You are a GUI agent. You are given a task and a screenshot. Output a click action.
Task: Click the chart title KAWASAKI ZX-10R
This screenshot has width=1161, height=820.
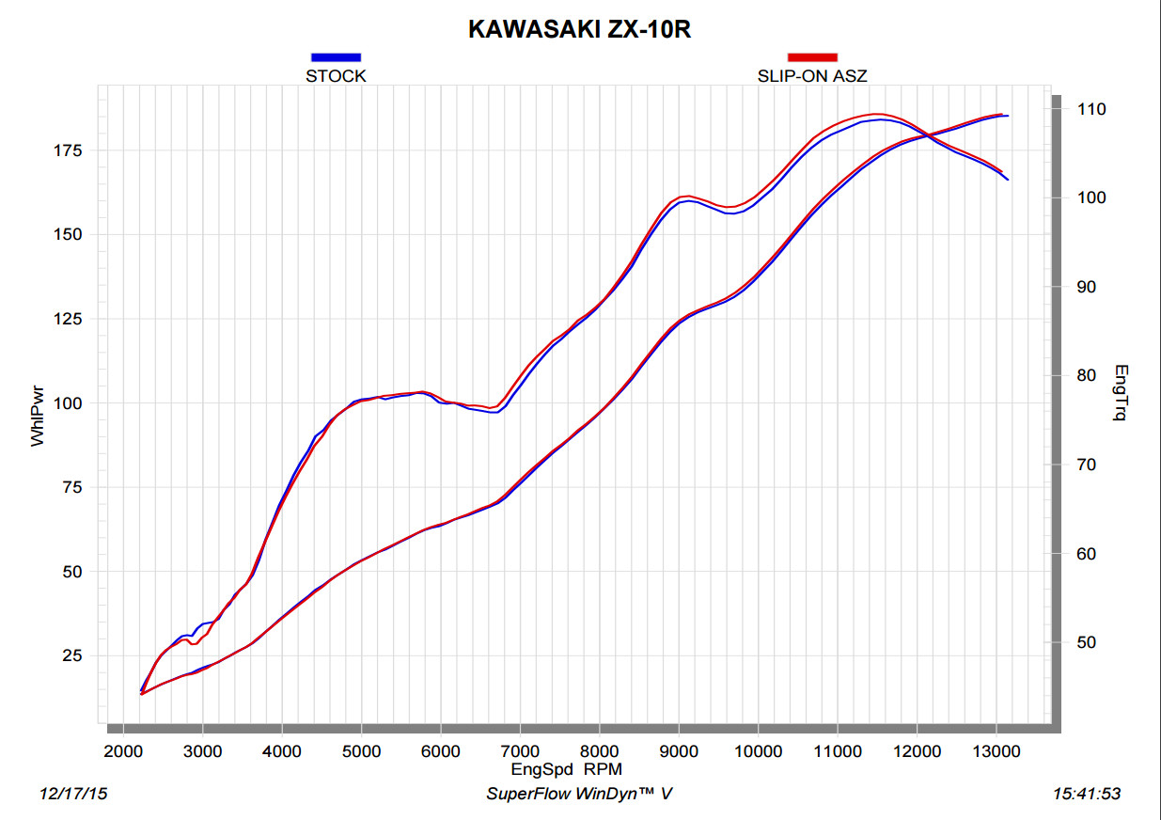[x=579, y=30]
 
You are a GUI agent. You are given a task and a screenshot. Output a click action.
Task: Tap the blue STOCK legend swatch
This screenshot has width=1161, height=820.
[x=336, y=57]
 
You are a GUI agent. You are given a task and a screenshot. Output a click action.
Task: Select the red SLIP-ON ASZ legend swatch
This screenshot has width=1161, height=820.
[x=811, y=57]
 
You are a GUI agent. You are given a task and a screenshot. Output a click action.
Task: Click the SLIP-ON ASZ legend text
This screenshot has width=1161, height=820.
[x=811, y=76]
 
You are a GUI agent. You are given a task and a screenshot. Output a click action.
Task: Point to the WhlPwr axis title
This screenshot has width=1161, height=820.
[x=38, y=418]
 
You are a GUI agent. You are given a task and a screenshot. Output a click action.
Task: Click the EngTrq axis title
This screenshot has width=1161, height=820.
[x=1119, y=392]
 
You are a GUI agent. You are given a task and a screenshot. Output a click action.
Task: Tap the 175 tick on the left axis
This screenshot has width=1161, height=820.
[x=72, y=150]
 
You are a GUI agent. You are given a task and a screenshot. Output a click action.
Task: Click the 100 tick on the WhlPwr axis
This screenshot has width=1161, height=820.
[x=72, y=403]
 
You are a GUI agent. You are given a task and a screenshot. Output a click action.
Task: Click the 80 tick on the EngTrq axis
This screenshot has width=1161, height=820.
[x=1088, y=376]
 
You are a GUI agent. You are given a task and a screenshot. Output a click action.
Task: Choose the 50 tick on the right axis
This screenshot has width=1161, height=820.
[x=1088, y=642]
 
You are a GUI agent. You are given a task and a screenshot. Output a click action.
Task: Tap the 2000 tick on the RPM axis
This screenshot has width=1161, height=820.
[x=122, y=751]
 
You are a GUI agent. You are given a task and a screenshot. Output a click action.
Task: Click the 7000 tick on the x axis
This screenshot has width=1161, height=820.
[x=520, y=751]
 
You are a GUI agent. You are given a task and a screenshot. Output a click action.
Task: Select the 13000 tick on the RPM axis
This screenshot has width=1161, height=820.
[x=996, y=751]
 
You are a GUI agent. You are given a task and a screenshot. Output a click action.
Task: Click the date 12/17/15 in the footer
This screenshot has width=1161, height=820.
[x=73, y=794]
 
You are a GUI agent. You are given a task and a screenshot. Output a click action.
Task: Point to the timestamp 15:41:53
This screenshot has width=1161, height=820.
[x=1087, y=794]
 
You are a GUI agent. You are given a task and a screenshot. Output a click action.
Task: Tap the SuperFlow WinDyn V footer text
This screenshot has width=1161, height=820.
[x=579, y=794]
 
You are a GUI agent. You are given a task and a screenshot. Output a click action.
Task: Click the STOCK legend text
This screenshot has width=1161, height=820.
[x=336, y=76]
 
